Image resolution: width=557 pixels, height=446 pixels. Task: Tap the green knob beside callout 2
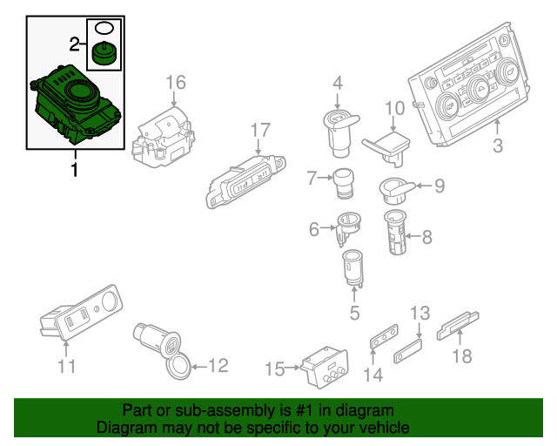(104, 54)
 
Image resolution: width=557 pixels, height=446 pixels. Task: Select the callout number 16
(176, 83)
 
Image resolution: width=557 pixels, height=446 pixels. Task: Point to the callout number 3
(497, 145)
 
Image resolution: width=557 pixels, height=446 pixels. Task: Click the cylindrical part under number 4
(337, 125)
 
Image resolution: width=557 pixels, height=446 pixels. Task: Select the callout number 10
(395, 109)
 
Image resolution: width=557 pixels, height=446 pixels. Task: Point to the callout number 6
(314, 229)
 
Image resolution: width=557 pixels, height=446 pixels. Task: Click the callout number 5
(354, 312)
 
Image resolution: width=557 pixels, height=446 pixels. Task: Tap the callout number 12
(218, 366)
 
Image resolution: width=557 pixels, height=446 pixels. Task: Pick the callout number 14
(373, 375)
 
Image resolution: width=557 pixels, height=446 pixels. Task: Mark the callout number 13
(420, 312)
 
